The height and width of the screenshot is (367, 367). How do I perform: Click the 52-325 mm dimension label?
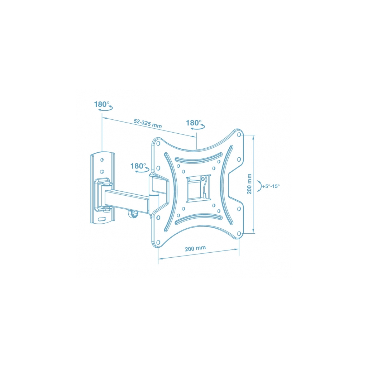click(x=148, y=123)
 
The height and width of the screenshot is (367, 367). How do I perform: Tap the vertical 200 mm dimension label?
click(x=249, y=184)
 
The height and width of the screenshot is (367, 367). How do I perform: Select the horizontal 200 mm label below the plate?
click(x=195, y=248)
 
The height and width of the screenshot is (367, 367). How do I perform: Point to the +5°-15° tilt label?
click(x=271, y=186)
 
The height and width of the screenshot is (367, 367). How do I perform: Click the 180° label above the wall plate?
click(x=101, y=104)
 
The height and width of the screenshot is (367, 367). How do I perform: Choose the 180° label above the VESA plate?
click(x=194, y=123)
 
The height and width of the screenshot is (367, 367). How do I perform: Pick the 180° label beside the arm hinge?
click(x=138, y=166)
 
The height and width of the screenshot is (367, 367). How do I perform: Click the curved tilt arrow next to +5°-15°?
click(x=259, y=186)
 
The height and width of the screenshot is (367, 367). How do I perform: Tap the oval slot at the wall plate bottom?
click(x=102, y=219)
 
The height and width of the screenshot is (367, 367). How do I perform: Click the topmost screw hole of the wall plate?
click(x=102, y=160)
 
